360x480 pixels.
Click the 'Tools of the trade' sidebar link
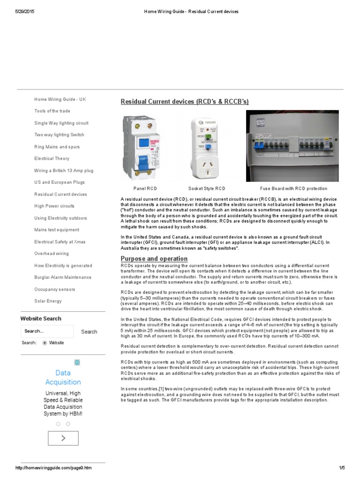coord(52,111)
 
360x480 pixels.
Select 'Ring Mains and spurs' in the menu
coord(57,147)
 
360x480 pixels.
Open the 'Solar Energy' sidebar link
coord(48,301)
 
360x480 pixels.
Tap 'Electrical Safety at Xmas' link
coord(60,242)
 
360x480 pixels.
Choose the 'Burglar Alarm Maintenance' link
coord(61,277)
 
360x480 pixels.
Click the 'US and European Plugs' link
coord(60,182)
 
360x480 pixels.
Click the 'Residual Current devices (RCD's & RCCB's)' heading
coord(185,102)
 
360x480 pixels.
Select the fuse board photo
coord(292,146)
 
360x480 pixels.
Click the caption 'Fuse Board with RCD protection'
coord(293,188)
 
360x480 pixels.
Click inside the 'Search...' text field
coord(47,331)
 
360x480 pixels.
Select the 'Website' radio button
coord(45,343)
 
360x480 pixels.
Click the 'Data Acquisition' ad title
coord(63,377)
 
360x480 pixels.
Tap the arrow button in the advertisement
coord(63,438)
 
